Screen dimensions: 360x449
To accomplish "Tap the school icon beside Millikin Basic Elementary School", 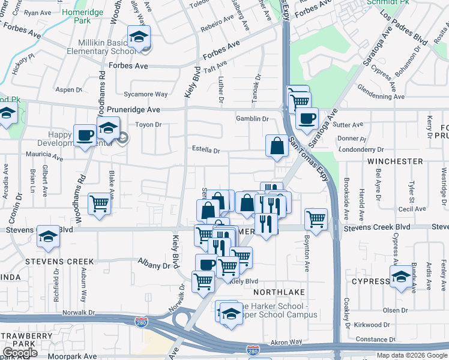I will click(x=139, y=38).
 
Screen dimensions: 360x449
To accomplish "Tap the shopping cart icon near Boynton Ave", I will click(x=316, y=219).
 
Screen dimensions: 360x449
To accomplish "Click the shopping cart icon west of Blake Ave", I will click(x=100, y=203).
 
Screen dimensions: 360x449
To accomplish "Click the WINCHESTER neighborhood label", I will click(x=396, y=161).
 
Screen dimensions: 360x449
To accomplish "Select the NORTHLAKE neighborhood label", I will click(x=276, y=292).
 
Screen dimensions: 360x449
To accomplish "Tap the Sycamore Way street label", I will click(x=145, y=94).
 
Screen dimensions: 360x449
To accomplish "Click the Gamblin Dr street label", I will click(x=252, y=119).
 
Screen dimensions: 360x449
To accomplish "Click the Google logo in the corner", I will click(x=20, y=353).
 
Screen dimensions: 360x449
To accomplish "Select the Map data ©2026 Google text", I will click(x=412, y=355).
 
